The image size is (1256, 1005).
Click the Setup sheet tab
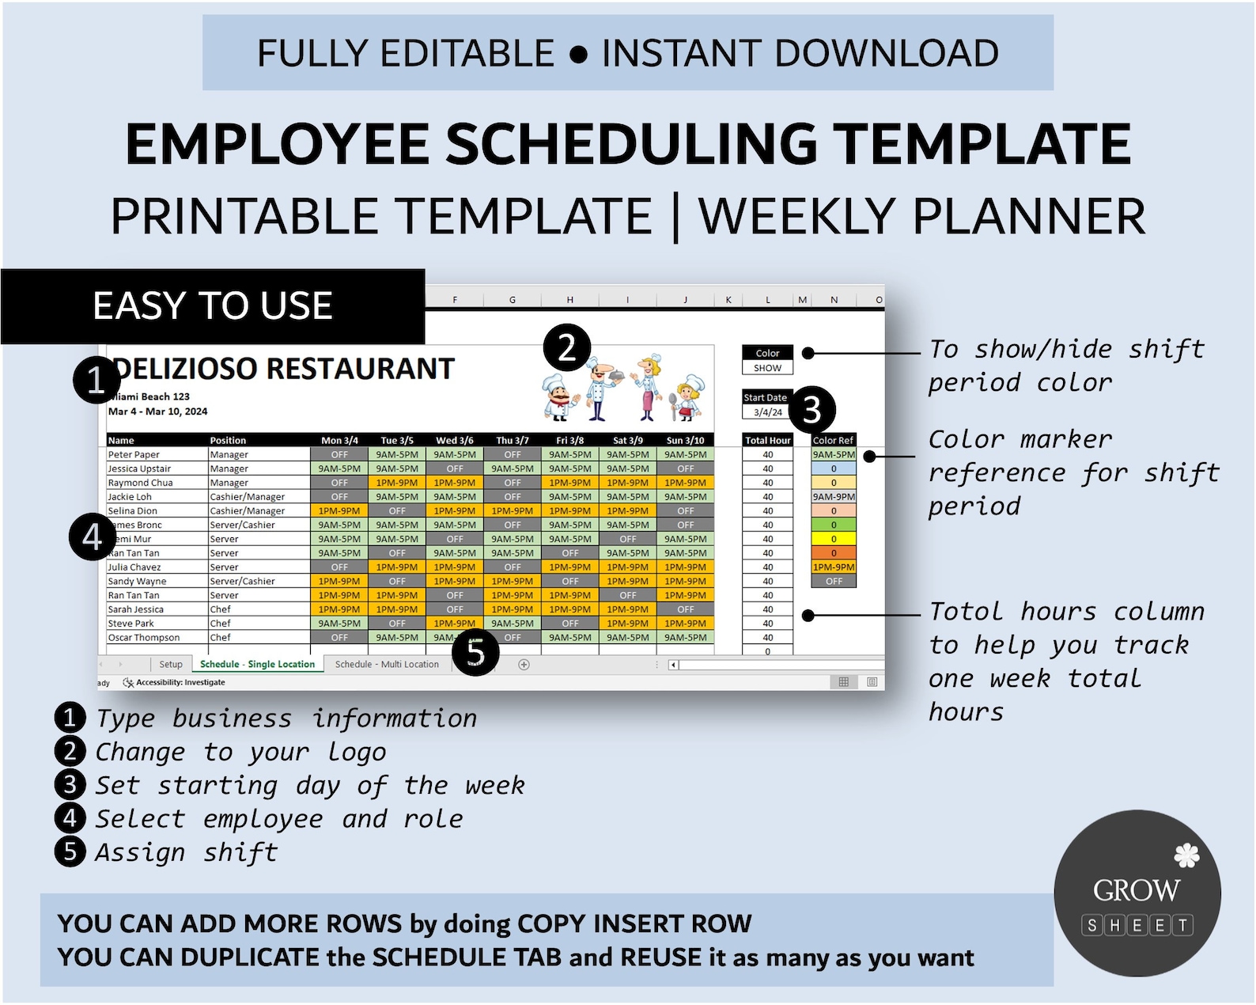pyautogui.click(x=170, y=665)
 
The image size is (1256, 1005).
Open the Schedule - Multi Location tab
pyautogui.click(x=387, y=665)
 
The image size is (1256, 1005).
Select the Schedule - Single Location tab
pyautogui.click(x=257, y=665)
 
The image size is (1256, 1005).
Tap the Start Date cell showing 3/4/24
pyautogui.click(x=767, y=412)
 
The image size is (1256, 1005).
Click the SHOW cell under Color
pyautogui.click(x=767, y=368)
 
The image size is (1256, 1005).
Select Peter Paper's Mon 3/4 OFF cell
pyautogui.click(x=339, y=455)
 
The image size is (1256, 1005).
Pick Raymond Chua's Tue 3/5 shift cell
pyautogui.click(x=397, y=483)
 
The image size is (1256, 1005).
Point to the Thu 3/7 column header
pyautogui.click(x=513, y=441)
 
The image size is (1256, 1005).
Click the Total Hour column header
pyautogui.click(x=767, y=441)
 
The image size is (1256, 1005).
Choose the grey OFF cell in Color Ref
pyautogui.click(x=834, y=582)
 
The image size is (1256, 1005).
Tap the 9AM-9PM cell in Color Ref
pyautogui.click(x=834, y=497)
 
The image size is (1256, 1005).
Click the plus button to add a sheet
pyautogui.click(x=524, y=665)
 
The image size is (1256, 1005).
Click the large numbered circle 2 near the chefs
pyautogui.click(x=567, y=348)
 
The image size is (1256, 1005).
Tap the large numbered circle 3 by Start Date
pyautogui.click(x=811, y=410)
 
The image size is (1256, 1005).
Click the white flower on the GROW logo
pyautogui.click(x=1186, y=855)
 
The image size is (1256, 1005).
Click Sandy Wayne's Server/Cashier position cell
pyautogui.click(x=243, y=582)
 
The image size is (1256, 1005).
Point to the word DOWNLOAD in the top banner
pyautogui.click(x=886, y=54)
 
